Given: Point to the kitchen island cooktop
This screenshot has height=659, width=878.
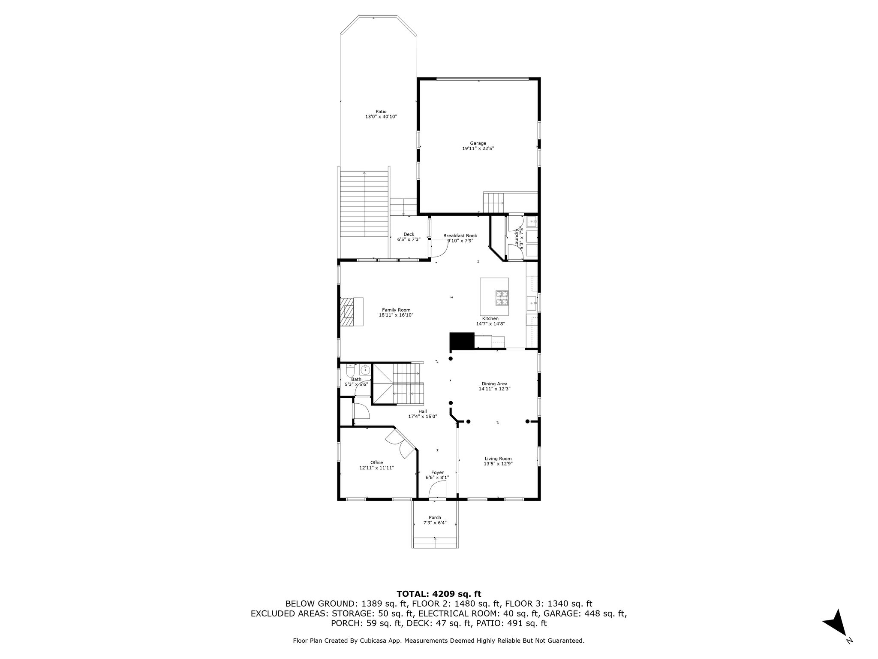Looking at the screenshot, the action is click(x=502, y=298).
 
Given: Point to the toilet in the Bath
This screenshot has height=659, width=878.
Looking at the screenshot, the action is click(x=350, y=370).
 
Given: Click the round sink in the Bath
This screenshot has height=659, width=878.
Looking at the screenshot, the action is click(x=365, y=369).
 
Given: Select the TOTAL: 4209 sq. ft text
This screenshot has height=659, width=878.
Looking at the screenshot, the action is click(x=439, y=594).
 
